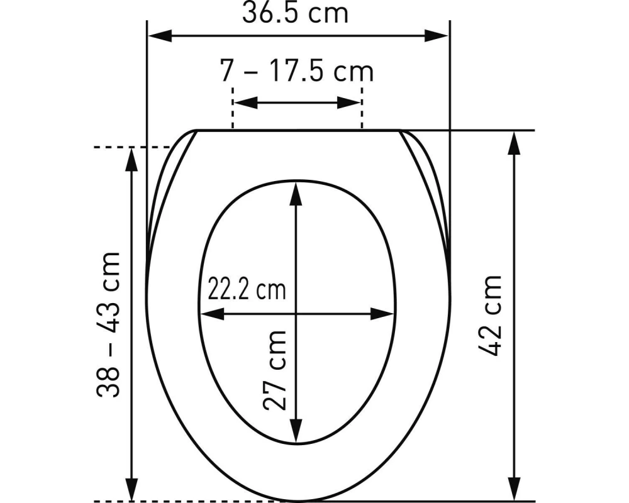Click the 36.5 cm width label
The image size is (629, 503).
pyautogui.click(x=295, y=13)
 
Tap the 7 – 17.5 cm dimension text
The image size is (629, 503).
pyautogui.click(x=297, y=71)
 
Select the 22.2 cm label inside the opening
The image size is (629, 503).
pyautogui.click(x=246, y=290)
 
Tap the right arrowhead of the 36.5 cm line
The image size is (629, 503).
pyautogui.click(x=438, y=35)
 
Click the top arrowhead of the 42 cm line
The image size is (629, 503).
pyautogui.click(x=515, y=143)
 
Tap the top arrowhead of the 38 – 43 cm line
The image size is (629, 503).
pyautogui.click(x=132, y=160)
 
